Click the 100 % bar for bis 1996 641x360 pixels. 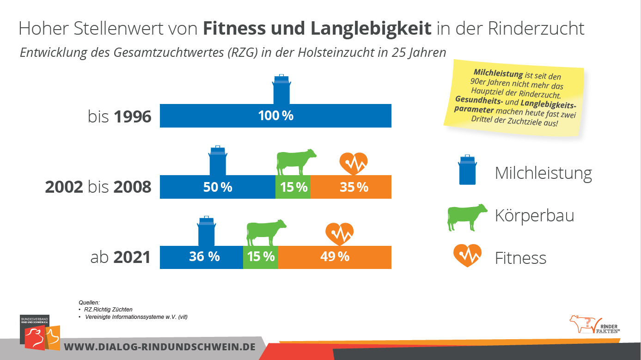click(275, 116)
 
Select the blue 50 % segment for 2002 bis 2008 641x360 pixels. click(217, 187)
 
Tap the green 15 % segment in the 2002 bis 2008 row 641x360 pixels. click(293, 187)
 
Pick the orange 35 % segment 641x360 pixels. click(351, 187)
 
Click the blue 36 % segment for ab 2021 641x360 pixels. click(201, 257)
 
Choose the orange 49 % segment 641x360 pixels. click(334, 257)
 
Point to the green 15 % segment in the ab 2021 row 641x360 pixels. click(260, 257)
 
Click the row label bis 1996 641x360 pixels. click(120, 116)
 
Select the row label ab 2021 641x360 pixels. click(121, 257)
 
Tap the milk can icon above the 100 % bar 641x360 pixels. click(281, 90)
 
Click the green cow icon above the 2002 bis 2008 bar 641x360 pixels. click(296, 162)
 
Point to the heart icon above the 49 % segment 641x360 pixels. click(340, 234)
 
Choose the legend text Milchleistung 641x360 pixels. click(543, 173)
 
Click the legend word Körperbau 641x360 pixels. click(534, 216)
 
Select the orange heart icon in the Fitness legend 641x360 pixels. click(467, 255)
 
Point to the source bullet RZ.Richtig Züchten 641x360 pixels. click(109, 309)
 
